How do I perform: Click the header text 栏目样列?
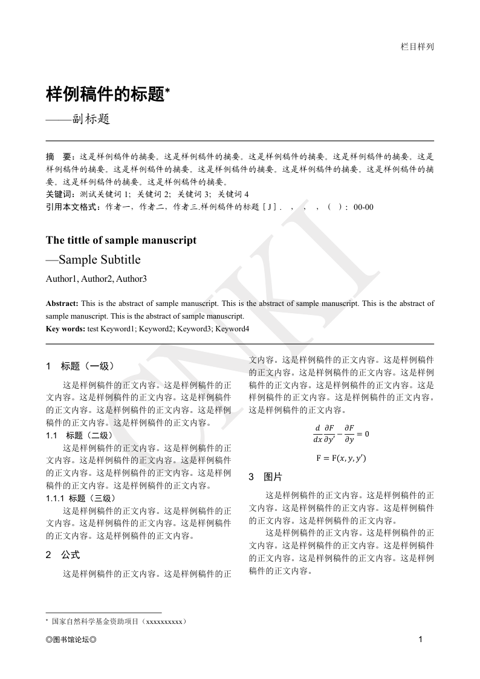tap(417, 47)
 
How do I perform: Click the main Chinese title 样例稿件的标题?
tap(105, 94)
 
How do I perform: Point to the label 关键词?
tap(58, 194)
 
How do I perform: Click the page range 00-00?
tap(363, 207)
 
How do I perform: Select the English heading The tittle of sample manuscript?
tap(121, 240)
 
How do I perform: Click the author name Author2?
tap(97, 279)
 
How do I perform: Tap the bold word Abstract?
tap(62, 304)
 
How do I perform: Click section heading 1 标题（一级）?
tap(80, 366)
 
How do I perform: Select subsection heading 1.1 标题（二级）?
tap(79, 435)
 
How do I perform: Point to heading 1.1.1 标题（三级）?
tap(80, 498)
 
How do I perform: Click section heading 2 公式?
tap(63, 554)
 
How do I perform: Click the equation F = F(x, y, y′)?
tap(341, 458)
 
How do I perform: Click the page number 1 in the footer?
tap(420, 640)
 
